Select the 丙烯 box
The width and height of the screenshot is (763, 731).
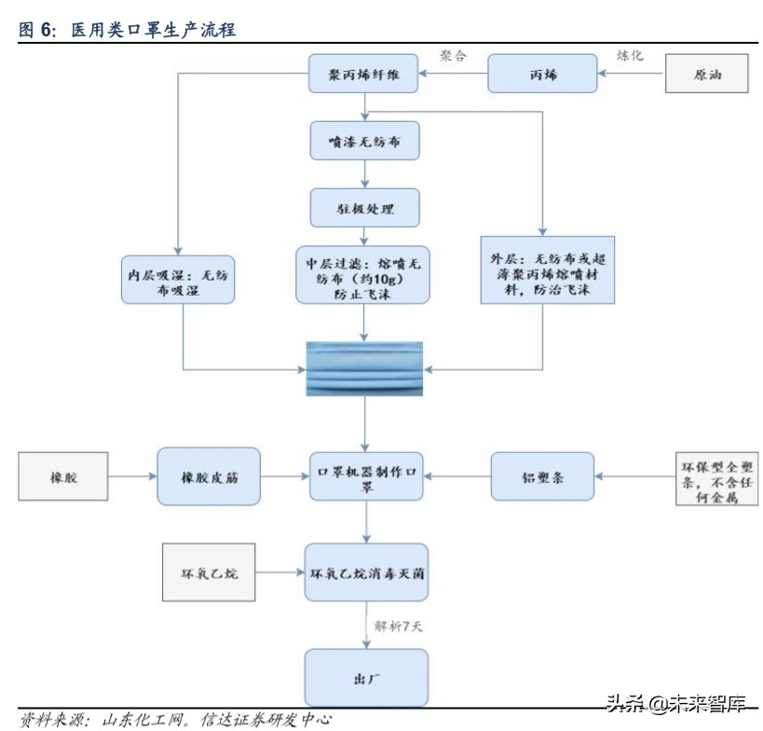542,74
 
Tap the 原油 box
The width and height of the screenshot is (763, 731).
706,74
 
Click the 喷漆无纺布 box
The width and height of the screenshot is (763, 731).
364,141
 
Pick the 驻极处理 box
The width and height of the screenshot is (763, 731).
364,208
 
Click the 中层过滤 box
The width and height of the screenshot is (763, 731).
363,274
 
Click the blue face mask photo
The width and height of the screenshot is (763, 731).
364,367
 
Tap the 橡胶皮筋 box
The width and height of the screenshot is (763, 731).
208,476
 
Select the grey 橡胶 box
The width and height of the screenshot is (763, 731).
63,476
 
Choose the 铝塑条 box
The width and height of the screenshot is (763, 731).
542,476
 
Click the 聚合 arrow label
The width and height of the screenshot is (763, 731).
453,56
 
